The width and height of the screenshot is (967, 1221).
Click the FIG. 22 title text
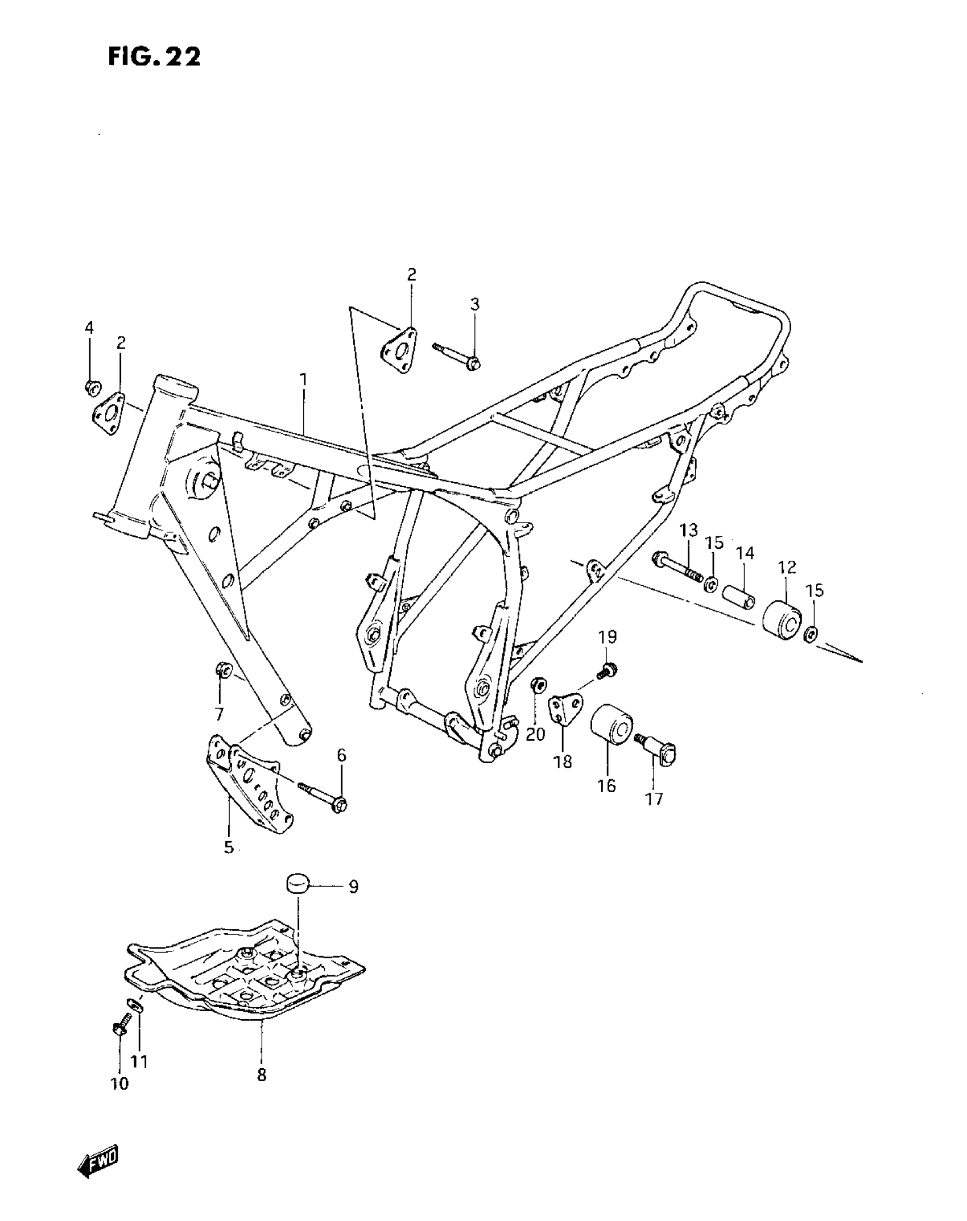154,57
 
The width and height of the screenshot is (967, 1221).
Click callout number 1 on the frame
304,379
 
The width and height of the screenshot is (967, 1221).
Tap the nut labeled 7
222,670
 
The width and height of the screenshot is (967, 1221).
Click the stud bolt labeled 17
659,749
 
